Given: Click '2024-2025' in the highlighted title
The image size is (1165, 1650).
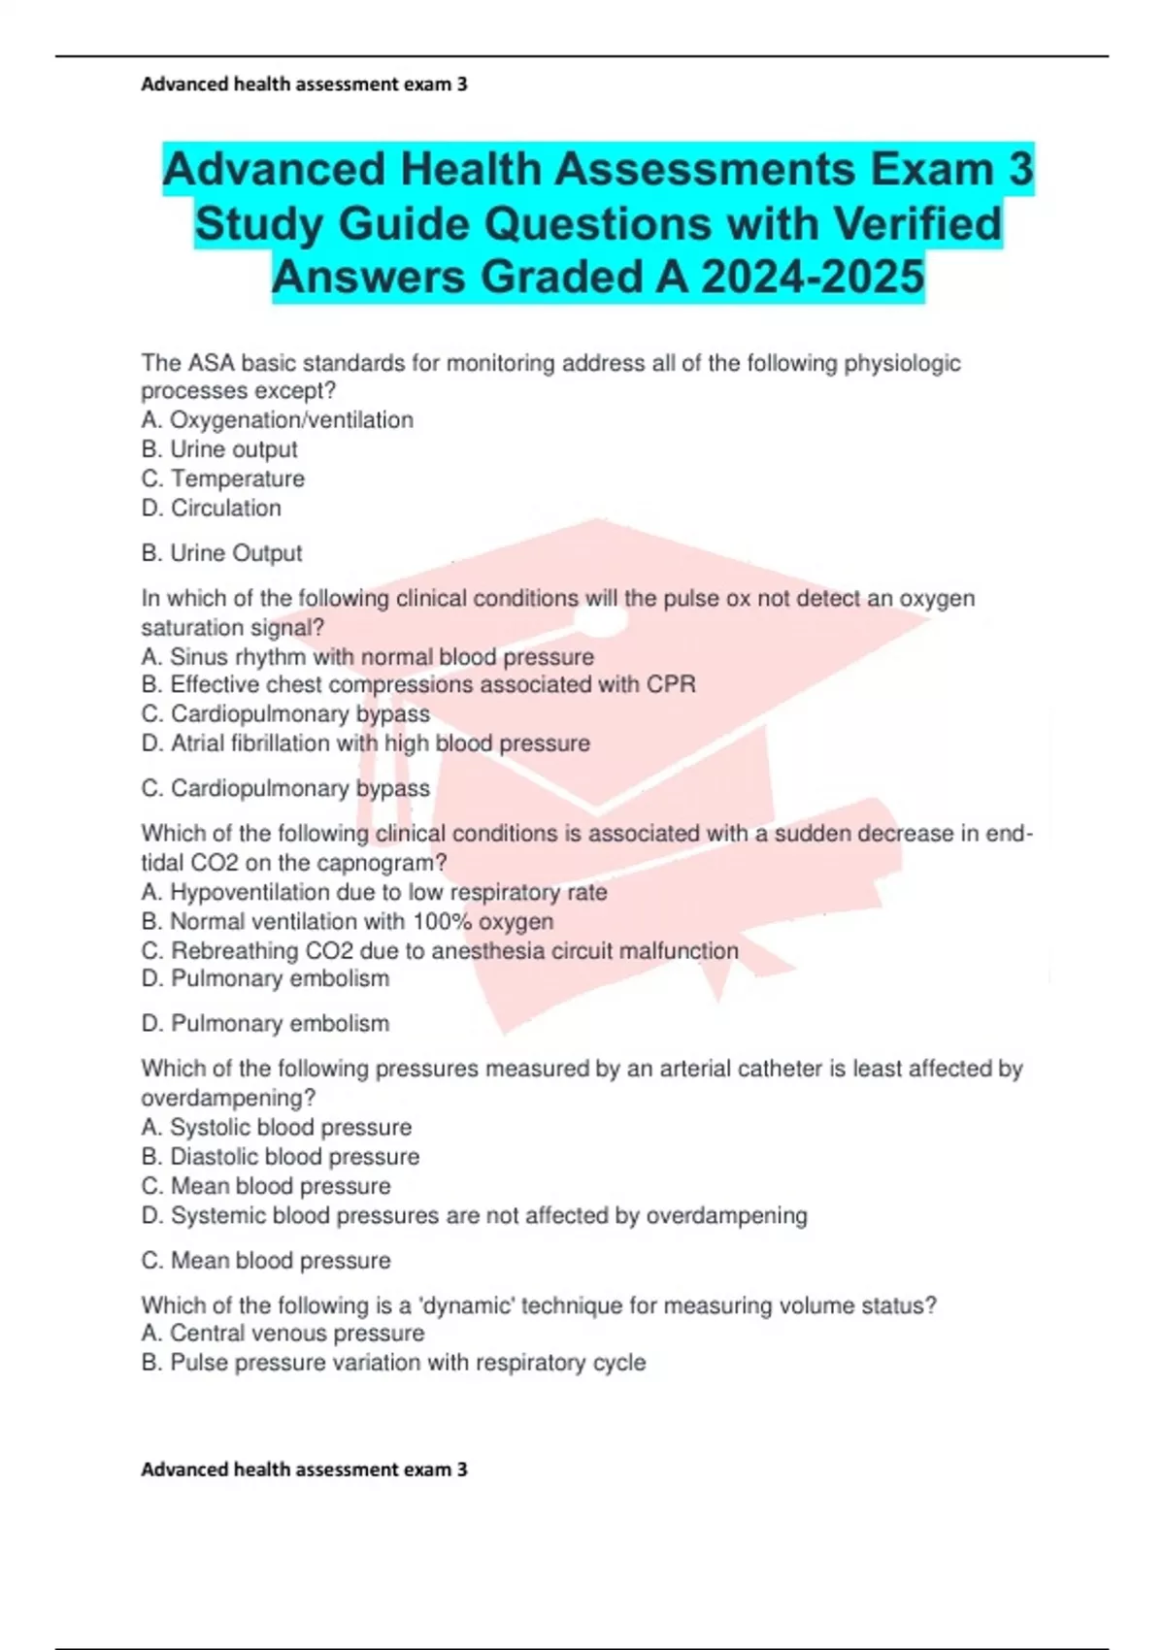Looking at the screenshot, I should coord(812,278).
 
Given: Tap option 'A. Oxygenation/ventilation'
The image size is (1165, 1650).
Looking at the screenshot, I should coord(277,420).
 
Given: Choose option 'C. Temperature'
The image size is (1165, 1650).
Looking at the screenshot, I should coord(222,478).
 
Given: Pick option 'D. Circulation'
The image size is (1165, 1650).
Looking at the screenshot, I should coord(211,508).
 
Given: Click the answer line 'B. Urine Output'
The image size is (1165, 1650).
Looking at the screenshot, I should coord(221,553).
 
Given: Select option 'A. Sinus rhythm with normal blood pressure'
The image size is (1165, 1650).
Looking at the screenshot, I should coord(367,657).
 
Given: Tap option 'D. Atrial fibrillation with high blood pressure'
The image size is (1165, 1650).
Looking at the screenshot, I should coord(365,743).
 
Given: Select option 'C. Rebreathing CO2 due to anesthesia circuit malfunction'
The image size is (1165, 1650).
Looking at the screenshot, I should coord(439,950).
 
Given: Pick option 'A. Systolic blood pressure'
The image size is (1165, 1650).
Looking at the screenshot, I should coord(276,1128).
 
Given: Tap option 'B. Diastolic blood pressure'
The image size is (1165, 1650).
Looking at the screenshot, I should coord(280,1157).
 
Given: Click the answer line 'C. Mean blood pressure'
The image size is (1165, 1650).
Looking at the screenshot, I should coord(265,1261).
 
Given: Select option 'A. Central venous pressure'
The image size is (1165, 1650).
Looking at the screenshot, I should coord(283,1334).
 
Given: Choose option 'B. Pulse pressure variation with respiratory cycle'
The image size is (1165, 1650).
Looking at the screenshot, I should coord(392,1363).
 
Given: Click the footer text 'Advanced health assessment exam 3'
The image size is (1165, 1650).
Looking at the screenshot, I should coord(304,1469).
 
